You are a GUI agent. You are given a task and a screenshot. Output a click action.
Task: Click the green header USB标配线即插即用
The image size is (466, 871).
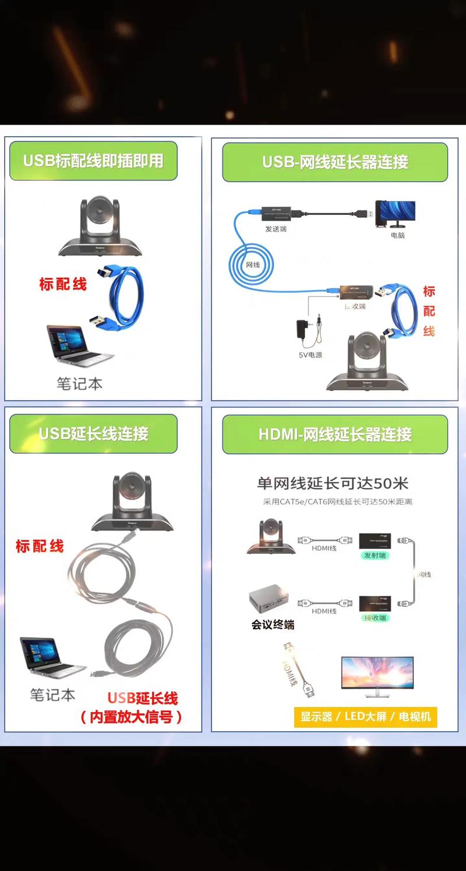pos(93,161)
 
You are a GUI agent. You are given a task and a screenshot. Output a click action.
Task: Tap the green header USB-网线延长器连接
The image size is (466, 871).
pos(335,162)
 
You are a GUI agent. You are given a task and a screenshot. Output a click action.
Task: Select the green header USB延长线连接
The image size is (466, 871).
pos(93,434)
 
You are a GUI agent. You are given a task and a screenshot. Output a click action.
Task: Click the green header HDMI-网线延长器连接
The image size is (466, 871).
pos(335,434)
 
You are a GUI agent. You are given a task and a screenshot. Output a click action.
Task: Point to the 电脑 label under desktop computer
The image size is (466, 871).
pos(398,235)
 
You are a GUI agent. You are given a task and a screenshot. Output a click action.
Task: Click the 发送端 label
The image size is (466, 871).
pos(276,229)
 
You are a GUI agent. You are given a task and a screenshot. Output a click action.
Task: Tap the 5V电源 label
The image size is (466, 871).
pos(310,355)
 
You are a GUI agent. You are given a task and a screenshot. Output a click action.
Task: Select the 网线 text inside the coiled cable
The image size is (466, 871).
pos(253,265)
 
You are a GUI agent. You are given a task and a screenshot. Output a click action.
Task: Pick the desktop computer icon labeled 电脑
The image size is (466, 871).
pos(396,214)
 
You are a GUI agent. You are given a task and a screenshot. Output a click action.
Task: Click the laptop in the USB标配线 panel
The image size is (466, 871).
pos(77,346)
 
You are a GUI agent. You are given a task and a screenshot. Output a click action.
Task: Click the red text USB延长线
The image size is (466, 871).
pos(143,698)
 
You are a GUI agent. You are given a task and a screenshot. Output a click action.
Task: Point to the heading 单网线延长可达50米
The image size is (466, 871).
pos(333,483)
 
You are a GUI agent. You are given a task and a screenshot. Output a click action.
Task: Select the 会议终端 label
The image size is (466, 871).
pos(273,625)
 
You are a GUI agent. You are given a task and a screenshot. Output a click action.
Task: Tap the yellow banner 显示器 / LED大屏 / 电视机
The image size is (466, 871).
pos(365,716)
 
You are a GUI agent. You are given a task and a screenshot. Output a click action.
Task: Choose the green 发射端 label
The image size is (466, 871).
pos(375,555)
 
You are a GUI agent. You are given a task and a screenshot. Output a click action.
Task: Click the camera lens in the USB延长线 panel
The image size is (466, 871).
pos(133,490)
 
